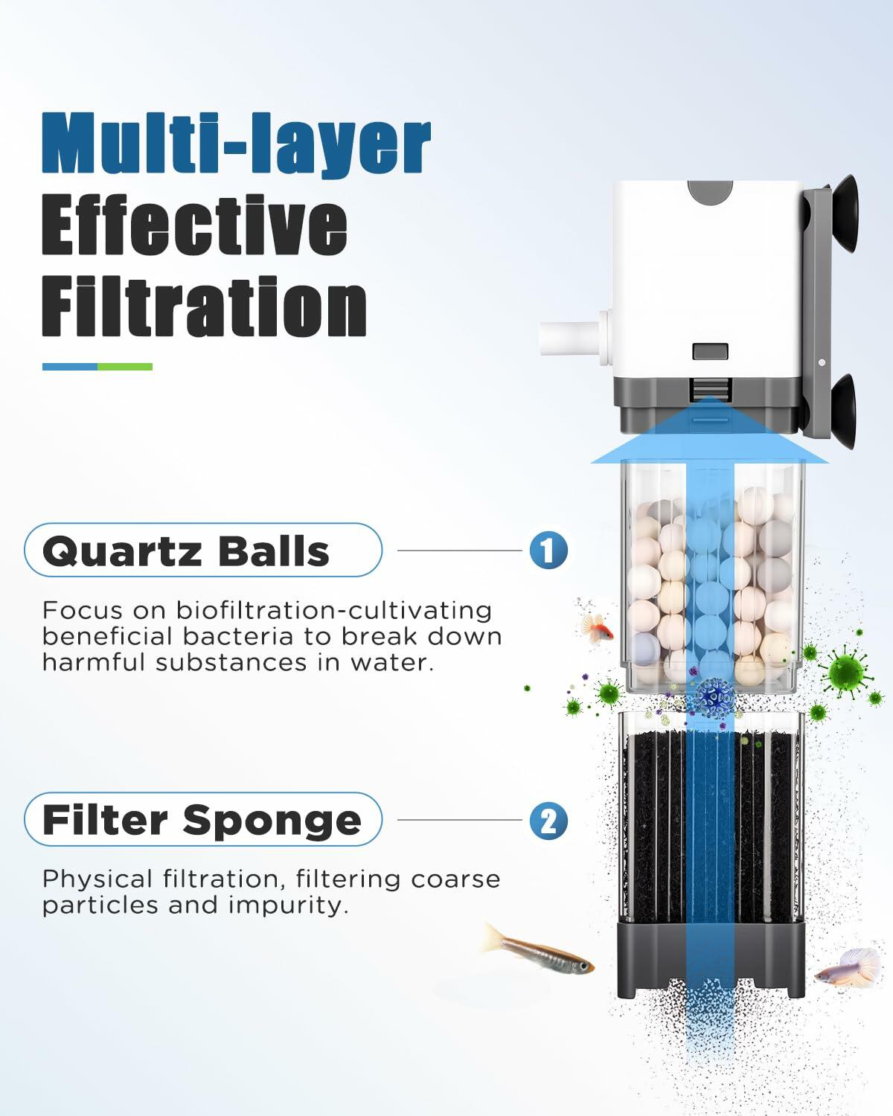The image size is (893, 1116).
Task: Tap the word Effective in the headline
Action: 194,225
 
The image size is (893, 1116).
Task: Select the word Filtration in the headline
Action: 204,307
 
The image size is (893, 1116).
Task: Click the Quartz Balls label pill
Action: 202,551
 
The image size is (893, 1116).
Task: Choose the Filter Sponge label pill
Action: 202,820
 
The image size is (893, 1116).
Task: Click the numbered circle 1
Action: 548,551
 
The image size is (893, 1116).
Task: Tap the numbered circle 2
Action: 548,821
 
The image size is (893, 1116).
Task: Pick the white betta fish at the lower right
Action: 841,967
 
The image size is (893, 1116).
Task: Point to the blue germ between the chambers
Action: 715,696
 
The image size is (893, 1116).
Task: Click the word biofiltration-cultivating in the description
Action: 333,610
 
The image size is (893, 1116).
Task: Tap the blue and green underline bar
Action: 97,367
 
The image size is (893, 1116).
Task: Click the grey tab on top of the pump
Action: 711,194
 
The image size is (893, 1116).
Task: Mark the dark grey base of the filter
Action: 711,960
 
